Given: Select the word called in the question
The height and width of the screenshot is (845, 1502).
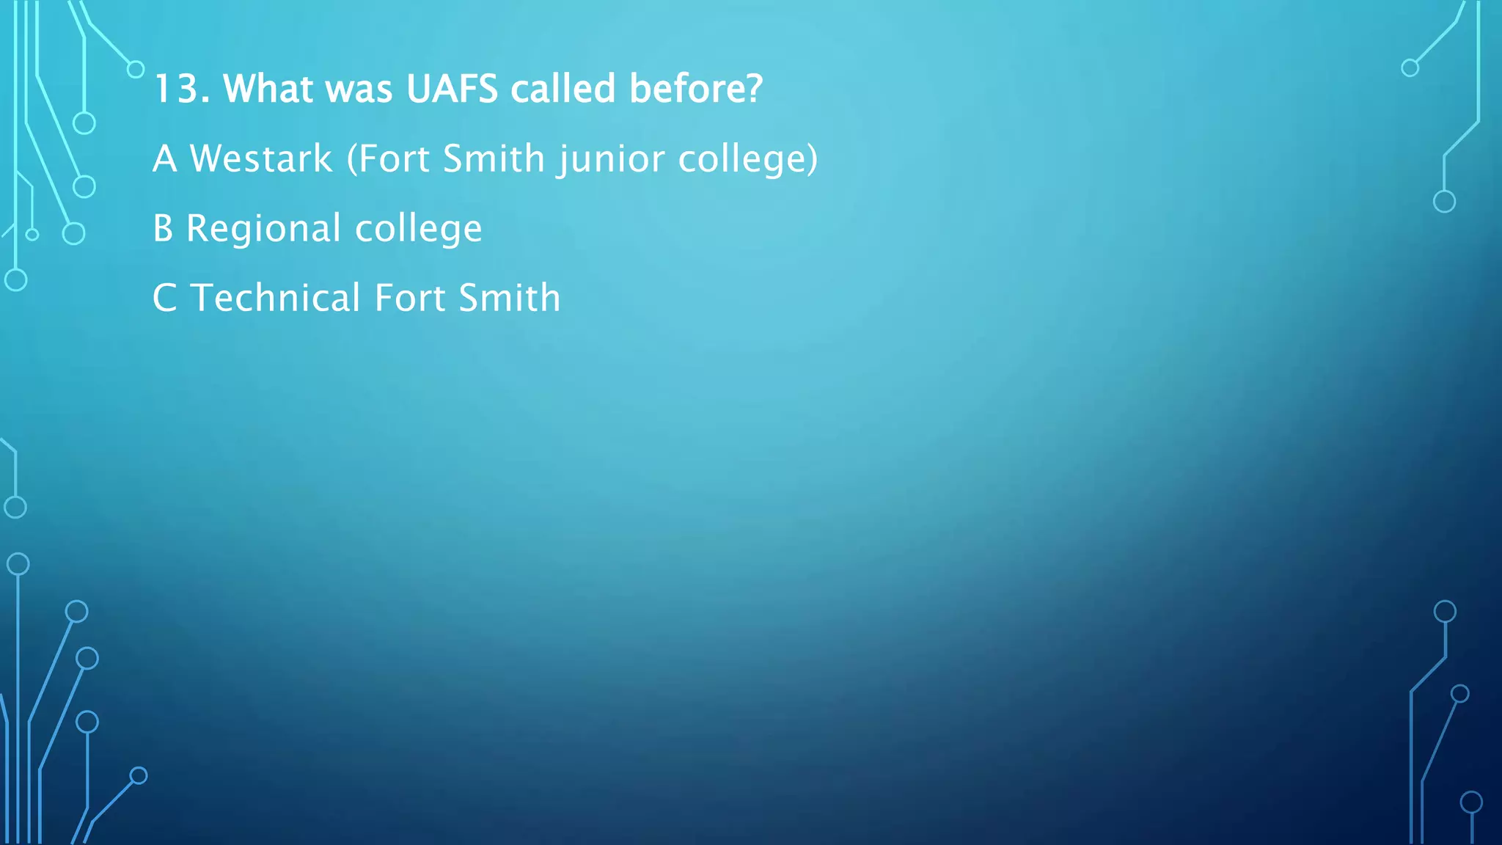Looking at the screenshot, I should pos(563,89).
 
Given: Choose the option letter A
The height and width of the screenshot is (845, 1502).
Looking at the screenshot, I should pos(164,158).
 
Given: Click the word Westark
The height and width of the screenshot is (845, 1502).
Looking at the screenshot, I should pos(261,158).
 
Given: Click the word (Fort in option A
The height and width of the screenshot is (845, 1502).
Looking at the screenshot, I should pos(388,158).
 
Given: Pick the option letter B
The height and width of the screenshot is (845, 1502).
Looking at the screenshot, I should pos(163,228).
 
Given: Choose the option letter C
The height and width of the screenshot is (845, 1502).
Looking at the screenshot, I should pos(164,298).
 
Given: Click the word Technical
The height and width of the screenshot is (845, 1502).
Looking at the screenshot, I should pos(276,298).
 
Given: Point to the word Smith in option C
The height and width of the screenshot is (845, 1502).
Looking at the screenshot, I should pos(510,298).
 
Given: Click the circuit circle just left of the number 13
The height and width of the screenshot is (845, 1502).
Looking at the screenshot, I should pos(136,70).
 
